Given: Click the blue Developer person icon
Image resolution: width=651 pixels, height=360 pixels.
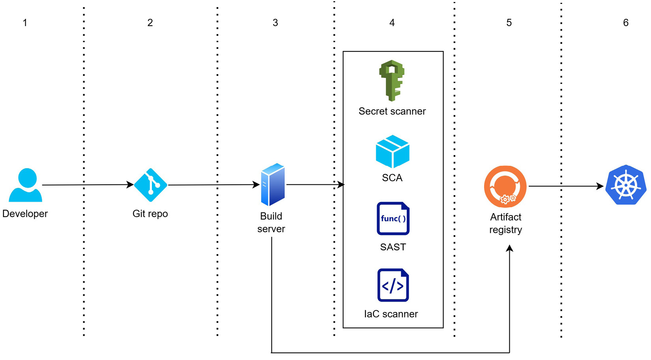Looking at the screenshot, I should click(x=25, y=185).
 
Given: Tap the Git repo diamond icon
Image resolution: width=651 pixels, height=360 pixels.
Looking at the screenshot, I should click(x=150, y=185).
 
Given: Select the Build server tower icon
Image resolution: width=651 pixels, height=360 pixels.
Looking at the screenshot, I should click(x=273, y=184).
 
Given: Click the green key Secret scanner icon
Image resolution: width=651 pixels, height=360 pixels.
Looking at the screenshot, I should click(x=391, y=81).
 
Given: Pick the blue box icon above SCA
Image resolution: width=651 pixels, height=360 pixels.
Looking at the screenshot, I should click(x=392, y=152).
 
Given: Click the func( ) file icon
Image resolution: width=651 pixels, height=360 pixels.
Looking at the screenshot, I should click(x=393, y=218).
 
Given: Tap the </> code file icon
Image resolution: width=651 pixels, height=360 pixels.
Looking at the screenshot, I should click(x=393, y=285).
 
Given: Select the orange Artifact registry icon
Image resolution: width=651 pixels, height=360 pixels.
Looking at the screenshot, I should click(x=505, y=186).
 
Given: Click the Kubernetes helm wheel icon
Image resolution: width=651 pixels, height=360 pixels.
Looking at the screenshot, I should click(x=626, y=185).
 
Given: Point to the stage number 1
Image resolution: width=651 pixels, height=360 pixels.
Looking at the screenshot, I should click(x=25, y=23).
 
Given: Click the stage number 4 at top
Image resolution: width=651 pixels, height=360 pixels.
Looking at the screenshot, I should click(x=392, y=23).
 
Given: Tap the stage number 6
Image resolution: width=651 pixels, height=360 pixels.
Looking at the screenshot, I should click(x=625, y=23).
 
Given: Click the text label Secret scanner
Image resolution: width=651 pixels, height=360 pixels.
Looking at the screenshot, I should click(x=392, y=111).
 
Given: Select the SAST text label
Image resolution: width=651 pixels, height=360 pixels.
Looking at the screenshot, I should click(x=393, y=247).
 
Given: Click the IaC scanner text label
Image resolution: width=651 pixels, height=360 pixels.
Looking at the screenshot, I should click(x=391, y=314).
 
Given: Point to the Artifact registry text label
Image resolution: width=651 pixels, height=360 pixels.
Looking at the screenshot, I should click(x=505, y=223).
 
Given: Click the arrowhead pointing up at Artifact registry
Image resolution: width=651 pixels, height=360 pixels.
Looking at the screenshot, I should click(x=509, y=248).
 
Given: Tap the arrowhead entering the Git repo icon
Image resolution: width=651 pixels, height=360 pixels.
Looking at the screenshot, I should click(x=130, y=185).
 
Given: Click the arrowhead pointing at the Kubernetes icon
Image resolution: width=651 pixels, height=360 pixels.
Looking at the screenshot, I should click(x=600, y=186).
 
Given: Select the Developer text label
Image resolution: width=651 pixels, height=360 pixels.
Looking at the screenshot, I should click(x=25, y=214).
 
